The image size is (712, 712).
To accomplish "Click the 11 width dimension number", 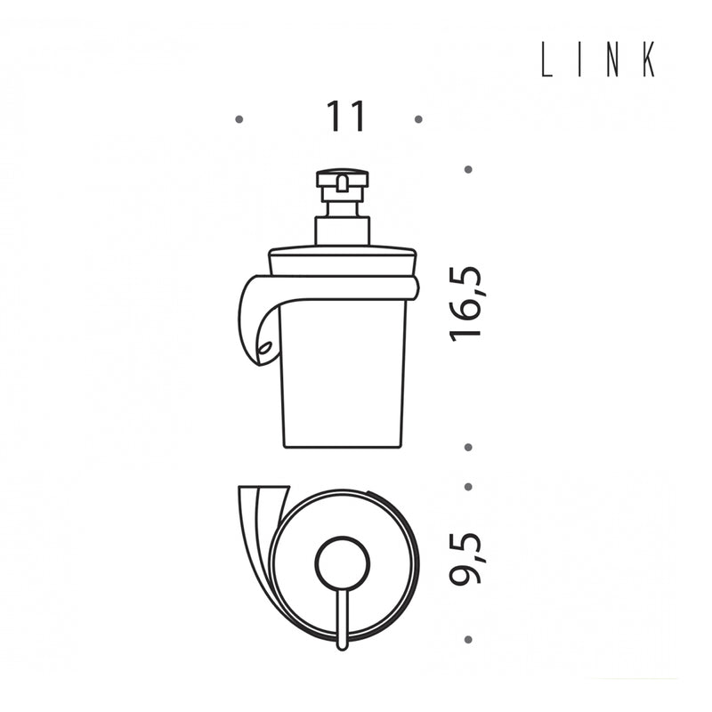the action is [346, 117].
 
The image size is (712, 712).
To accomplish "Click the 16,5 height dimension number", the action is [465, 303].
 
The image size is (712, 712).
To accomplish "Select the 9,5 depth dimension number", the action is [465, 558].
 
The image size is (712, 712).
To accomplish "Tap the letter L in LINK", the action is [546, 59].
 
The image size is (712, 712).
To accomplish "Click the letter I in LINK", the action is [581, 59].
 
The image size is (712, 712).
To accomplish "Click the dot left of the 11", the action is [239, 120].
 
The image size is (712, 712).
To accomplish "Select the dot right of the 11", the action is [418, 119].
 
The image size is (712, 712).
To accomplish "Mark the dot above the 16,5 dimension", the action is [469, 169].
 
